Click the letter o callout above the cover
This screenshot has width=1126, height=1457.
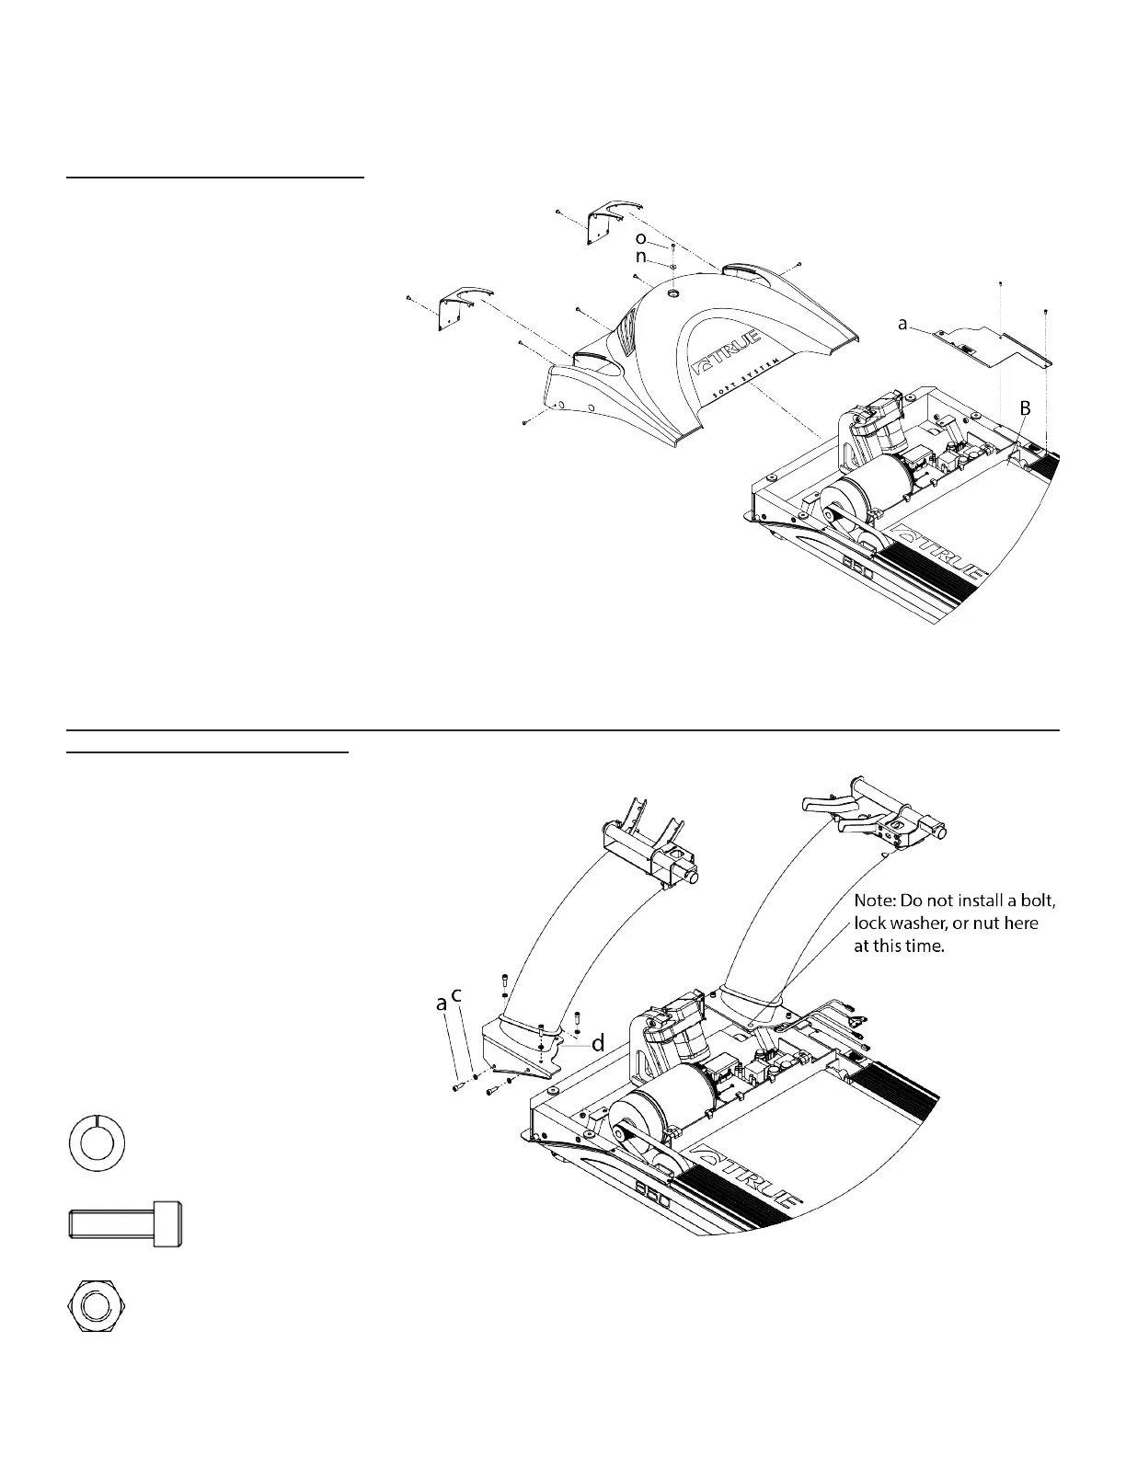point(640,238)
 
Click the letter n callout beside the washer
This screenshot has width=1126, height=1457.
point(640,258)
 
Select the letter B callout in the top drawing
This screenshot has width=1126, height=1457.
point(1024,407)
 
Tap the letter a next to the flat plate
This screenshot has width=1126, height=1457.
point(903,324)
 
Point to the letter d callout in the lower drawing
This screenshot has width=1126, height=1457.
point(598,1044)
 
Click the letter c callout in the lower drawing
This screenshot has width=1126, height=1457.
point(456,996)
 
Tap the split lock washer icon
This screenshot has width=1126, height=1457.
point(97,1144)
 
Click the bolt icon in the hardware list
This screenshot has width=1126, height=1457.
point(125,1224)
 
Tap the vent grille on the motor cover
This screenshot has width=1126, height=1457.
point(626,333)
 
